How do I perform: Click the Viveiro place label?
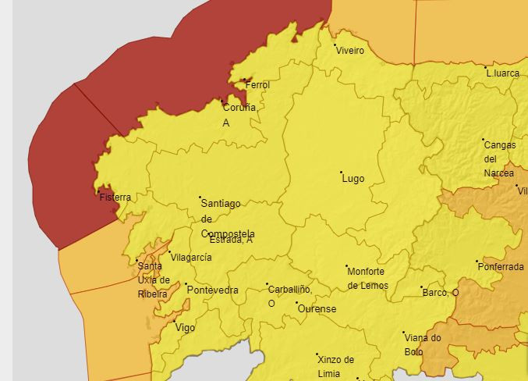point(350,51)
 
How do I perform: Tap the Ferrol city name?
point(257,85)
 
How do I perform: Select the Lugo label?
point(353,179)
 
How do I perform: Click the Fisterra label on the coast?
point(115,198)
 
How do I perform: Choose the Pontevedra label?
point(213,290)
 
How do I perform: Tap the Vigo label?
point(186,328)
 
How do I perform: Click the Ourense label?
point(318,309)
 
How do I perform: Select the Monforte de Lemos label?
point(366,278)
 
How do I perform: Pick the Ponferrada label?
point(501,267)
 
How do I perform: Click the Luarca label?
point(503,73)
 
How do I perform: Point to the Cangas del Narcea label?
point(499,158)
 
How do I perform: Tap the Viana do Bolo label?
point(423,344)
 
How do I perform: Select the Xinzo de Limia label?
point(335,366)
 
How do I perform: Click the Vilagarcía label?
point(192,258)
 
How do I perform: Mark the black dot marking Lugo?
point(341,172)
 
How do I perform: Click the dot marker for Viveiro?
point(335,45)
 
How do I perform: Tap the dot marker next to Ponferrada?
point(477,262)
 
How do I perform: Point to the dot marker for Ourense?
point(296,303)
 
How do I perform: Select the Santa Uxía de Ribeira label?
point(153,280)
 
